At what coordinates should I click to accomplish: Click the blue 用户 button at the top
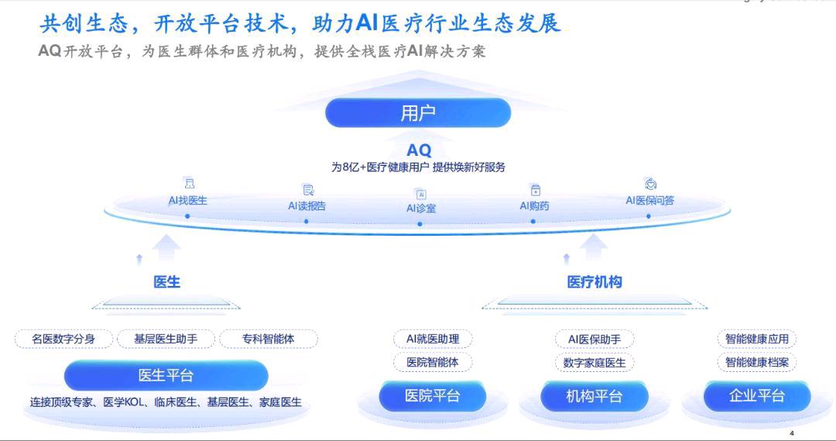(x=418, y=113)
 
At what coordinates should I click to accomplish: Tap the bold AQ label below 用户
(x=419, y=150)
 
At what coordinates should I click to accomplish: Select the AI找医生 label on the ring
(x=188, y=201)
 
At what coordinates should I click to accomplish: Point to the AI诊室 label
(x=421, y=208)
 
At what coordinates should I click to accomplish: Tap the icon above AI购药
(x=535, y=190)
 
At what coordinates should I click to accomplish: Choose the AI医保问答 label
(x=649, y=201)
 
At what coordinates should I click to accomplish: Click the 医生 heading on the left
(x=167, y=282)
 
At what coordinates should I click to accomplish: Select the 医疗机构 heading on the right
(x=594, y=282)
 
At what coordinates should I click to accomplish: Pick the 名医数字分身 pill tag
(x=63, y=339)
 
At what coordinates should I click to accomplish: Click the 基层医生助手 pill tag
(x=166, y=339)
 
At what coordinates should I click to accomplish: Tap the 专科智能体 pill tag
(x=268, y=339)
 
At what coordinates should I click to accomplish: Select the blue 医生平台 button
(x=166, y=376)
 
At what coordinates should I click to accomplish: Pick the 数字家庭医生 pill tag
(x=594, y=362)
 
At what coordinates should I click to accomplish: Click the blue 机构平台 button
(x=594, y=396)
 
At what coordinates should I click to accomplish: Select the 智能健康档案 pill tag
(x=757, y=362)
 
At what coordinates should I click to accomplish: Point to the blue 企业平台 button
(x=757, y=396)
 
